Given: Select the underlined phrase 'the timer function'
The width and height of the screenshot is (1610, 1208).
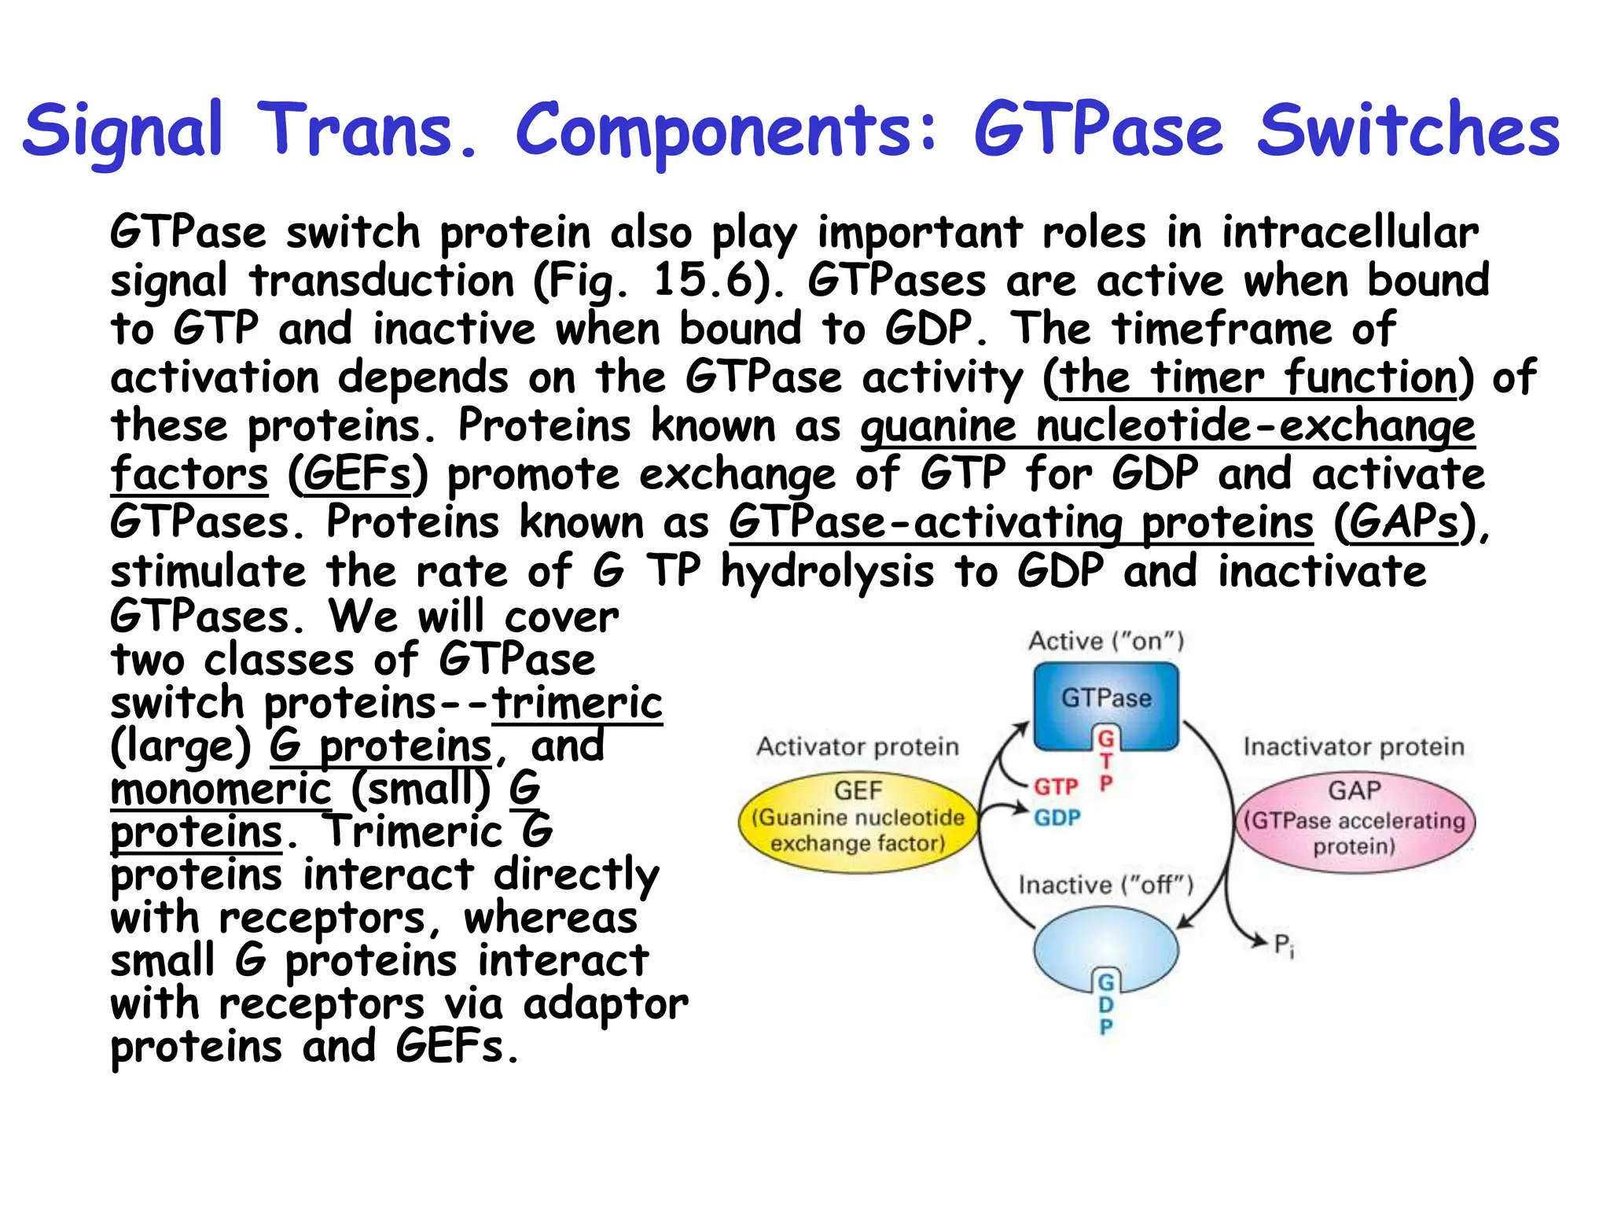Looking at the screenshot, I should tap(1259, 377).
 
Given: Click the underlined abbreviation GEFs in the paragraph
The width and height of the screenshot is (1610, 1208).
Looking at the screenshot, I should tap(358, 474).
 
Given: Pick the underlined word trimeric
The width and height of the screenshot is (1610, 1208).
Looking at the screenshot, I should tap(577, 702).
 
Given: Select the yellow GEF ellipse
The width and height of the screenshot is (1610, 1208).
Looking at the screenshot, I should tap(858, 821).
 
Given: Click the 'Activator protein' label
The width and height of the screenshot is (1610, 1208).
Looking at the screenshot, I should tap(858, 746).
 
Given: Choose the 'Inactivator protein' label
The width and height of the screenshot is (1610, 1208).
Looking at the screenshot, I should tap(1354, 746).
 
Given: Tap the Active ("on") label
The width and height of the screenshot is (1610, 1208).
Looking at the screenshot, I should tap(1106, 641).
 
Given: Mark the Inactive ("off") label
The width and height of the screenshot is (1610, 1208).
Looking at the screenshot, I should tap(1106, 886).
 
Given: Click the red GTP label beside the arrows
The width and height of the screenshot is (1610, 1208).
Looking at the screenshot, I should tap(1056, 786).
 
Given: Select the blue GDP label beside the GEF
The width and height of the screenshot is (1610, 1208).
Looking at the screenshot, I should tap(1057, 818).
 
